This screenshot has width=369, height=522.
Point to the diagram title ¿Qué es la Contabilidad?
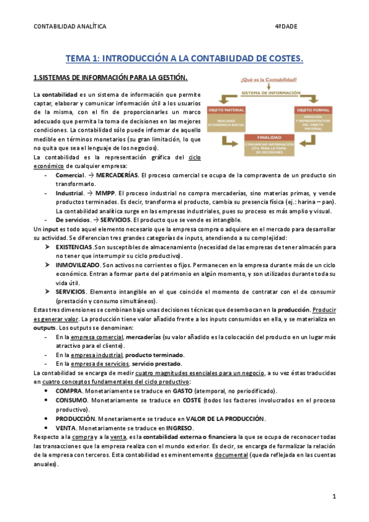coord(269,79)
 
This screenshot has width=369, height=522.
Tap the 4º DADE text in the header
coord(285,27)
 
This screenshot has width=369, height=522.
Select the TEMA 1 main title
coord(184,58)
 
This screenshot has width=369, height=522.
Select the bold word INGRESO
coord(179,427)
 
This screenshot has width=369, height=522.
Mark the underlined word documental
coord(230,454)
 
